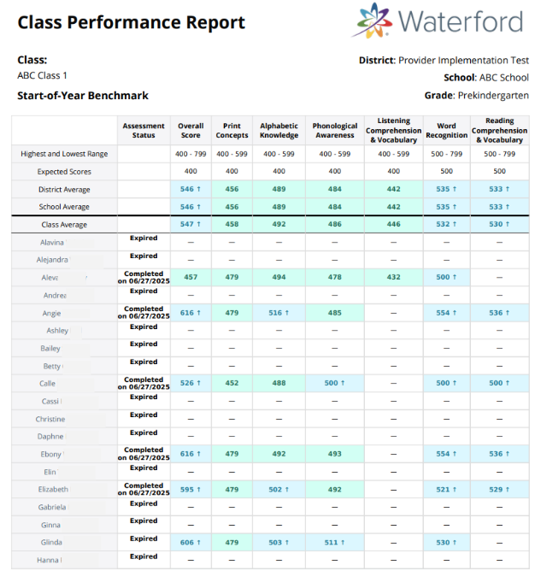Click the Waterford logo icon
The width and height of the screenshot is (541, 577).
[x=372, y=21]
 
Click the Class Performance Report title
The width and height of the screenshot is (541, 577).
[x=131, y=23]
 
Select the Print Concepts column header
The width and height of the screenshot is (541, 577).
[x=232, y=131]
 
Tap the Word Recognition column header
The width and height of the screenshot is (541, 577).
[x=446, y=131]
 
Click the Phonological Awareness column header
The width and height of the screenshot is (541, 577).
[x=334, y=131]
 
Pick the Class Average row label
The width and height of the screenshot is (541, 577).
[x=64, y=225]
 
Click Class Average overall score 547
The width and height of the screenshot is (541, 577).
[x=190, y=225]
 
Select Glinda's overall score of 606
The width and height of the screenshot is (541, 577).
[x=190, y=542]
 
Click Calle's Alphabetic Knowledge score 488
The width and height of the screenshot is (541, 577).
[x=279, y=384]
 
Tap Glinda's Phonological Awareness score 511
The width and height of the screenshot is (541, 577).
[x=334, y=542]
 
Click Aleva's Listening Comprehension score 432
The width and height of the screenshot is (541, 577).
[x=393, y=278]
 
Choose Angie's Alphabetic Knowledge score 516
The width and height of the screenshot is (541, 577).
[x=279, y=313]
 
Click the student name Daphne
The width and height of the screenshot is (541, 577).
[x=50, y=436]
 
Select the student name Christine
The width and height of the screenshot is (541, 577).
[x=50, y=419]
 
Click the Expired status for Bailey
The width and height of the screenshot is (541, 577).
[x=144, y=344]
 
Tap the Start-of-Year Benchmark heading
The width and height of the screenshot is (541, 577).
[x=83, y=96]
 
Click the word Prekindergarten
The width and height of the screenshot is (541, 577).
[x=493, y=96]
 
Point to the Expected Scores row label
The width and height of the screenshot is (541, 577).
[x=64, y=172]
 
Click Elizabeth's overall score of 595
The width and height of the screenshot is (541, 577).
[x=190, y=489]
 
